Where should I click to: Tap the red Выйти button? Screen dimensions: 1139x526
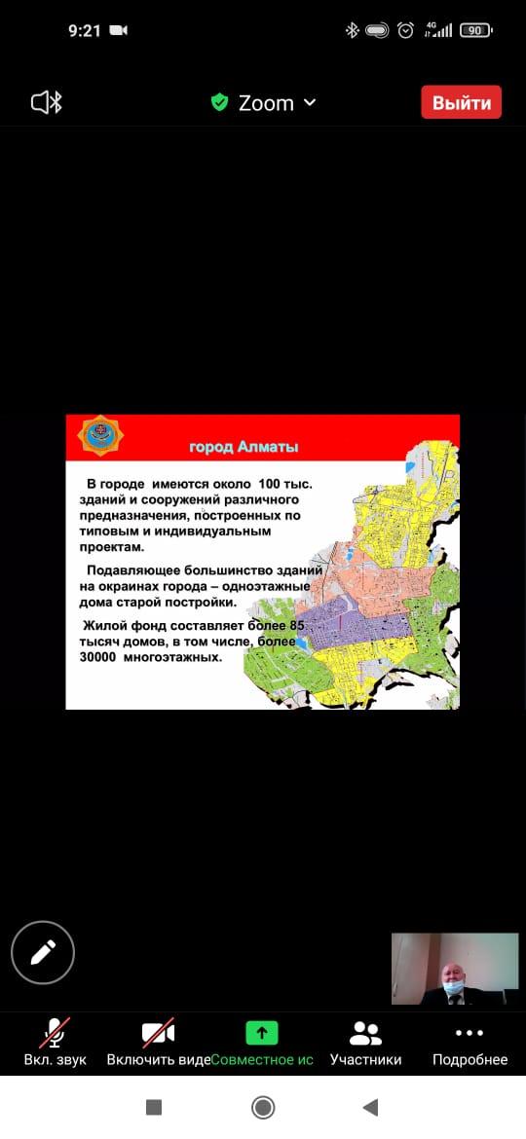pyautogui.click(x=461, y=102)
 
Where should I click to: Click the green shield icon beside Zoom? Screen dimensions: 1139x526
pyautogui.click(x=220, y=102)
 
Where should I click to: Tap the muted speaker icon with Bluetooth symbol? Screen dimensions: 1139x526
pyautogui.click(x=47, y=102)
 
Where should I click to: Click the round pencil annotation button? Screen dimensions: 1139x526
pyautogui.click(x=43, y=952)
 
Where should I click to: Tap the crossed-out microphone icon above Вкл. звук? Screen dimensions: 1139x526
pyautogui.click(x=55, y=1032)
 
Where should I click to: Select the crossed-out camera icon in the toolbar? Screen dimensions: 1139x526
pyautogui.click(x=158, y=1032)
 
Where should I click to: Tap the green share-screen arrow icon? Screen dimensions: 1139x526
pyautogui.click(x=261, y=1032)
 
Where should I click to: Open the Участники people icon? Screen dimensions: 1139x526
pyautogui.click(x=365, y=1032)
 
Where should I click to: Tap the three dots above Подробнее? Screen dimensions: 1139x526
pyautogui.click(x=470, y=1032)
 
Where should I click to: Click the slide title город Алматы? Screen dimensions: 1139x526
pyautogui.click(x=244, y=447)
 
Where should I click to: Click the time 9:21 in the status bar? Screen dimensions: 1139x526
pyautogui.click(x=85, y=30)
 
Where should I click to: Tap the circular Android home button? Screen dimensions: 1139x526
pyautogui.click(x=262, y=1107)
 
